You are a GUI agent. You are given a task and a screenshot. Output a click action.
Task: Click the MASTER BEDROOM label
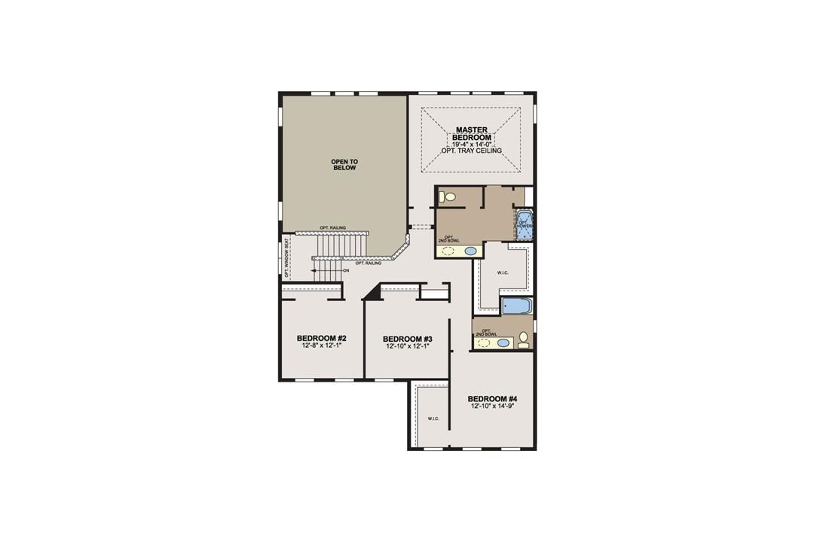click(x=472, y=133)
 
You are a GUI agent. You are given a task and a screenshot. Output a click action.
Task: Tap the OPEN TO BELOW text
click(x=344, y=164)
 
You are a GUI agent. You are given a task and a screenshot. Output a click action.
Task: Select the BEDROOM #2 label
click(x=321, y=338)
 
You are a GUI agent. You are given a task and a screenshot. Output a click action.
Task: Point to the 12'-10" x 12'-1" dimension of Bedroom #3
click(x=407, y=347)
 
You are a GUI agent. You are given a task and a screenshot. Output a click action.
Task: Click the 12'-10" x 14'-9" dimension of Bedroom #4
click(x=492, y=406)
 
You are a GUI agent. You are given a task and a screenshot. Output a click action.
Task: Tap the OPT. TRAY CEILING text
click(x=472, y=151)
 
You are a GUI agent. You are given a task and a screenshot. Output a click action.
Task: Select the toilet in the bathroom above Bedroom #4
click(x=524, y=341)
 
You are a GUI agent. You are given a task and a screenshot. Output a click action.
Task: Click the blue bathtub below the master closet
click(x=516, y=306)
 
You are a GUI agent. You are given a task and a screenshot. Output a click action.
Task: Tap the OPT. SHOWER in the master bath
click(x=525, y=224)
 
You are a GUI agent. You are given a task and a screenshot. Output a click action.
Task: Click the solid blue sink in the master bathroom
click(x=471, y=251)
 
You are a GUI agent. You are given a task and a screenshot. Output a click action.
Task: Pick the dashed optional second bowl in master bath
click(x=448, y=251)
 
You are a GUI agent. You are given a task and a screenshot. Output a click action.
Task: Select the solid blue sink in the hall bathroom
click(x=503, y=343)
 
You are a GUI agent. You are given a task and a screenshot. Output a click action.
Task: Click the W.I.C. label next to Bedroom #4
click(x=433, y=419)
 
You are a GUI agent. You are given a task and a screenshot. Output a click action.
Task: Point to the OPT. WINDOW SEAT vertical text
click(x=287, y=258)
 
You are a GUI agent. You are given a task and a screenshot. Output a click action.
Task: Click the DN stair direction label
click(x=346, y=270)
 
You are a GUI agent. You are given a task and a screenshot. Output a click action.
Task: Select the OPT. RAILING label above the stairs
click(x=332, y=228)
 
